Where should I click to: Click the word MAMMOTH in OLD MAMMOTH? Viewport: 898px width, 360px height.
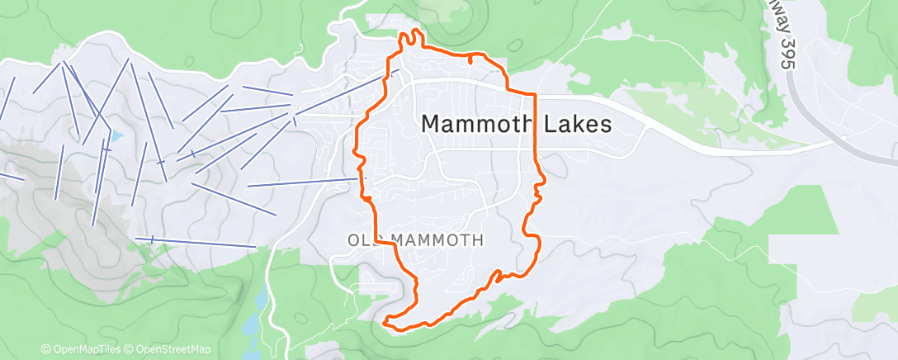[x=436, y=240]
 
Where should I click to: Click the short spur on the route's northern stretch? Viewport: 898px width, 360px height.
[x=470, y=59]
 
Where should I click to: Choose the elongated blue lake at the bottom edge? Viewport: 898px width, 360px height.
[x=253, y=318]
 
